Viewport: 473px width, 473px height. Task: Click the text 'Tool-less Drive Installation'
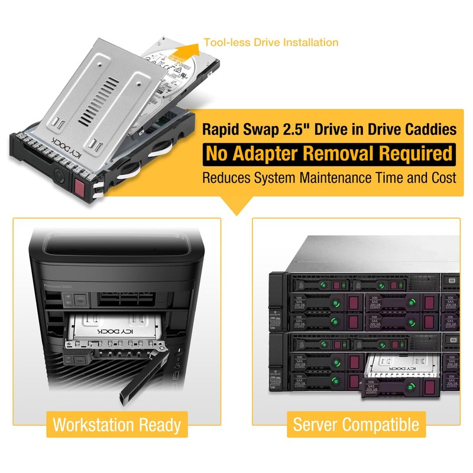coord(271,43)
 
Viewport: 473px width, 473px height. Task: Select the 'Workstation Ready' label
coord(116,424)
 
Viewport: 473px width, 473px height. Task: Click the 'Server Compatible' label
coord(356,424)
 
